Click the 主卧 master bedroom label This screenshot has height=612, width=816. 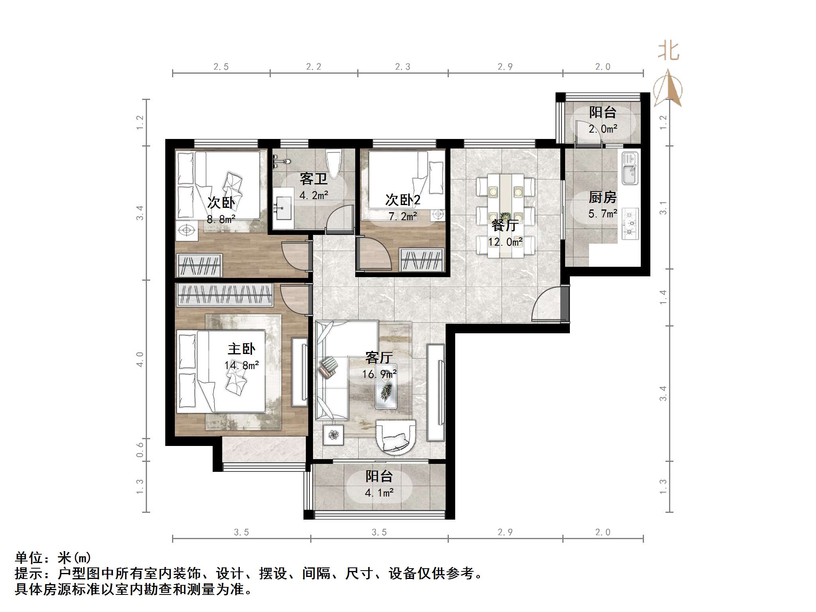pyautogui.click(x=241, y=349)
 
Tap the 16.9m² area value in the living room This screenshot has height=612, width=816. pyautogui.click(x=379, y=374)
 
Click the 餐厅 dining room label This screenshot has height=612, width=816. pyautogui.click(x=505, y=225)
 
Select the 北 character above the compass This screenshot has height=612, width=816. pyautogui.click(x=668, y=52)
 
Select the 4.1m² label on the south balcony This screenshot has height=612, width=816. pyautogui.click(x=379, y=493)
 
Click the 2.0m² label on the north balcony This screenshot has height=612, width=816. pyautogui.click(x=603, y=129)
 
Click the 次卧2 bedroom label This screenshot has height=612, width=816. pyautogui.click(x=403, y=200)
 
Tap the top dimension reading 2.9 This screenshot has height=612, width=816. pyautogui.click(x=505, y=67)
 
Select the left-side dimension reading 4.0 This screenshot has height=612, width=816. pyautogui.click(x=140, y=359)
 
